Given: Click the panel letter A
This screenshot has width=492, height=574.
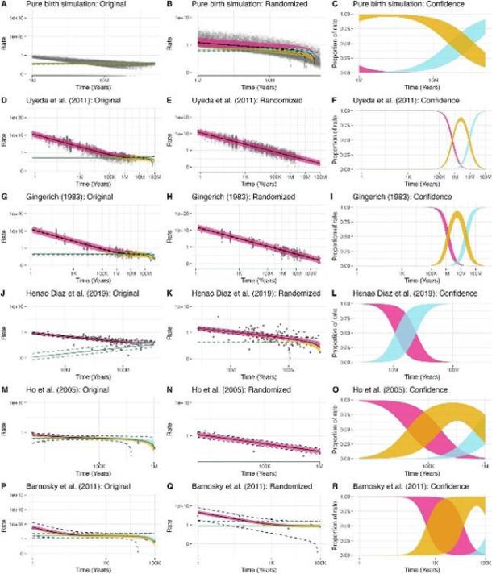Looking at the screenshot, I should coord(5,6).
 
